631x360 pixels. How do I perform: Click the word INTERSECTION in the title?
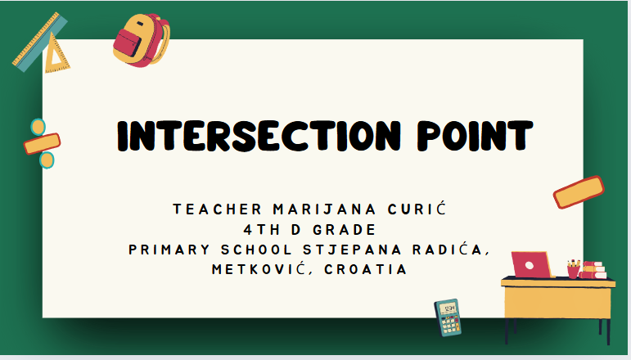tap(259, 136)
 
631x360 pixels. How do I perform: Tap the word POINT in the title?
tap(475, 136)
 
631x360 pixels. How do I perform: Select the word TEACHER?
tap(218, 209)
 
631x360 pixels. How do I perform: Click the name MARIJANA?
tap(324, 209)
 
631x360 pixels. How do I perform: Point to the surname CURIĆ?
tap(417, 209)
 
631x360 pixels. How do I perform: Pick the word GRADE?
tap(344, 230)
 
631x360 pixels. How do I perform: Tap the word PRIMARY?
tap(169, 250)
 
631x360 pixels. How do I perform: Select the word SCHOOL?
tap(256, 250)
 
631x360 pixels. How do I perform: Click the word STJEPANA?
tap(353, 250)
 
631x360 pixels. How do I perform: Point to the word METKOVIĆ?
tap(262, 268)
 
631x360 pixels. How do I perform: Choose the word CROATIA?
tap(366, 269)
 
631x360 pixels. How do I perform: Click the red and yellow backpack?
tap(142, 40)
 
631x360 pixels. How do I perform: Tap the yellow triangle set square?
tap(56, 55)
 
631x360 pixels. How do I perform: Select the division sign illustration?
tap(43, 144)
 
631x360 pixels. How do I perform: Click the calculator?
tap(448, 317)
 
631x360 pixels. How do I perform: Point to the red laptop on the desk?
tap(532, 264)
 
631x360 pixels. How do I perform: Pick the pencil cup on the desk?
tap(574, 269)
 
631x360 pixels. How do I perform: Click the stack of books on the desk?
tap(593, 270)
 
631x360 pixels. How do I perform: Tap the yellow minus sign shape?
tap(579, 192)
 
